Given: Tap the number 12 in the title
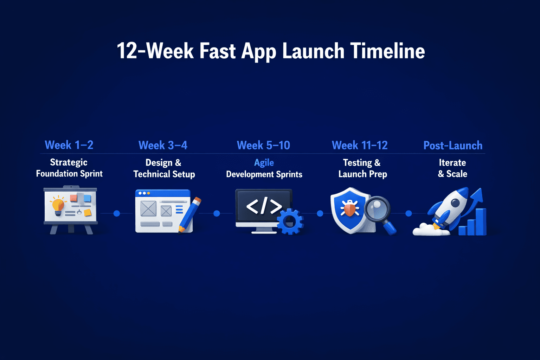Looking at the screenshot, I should pyautogui.click(x=127, y=51).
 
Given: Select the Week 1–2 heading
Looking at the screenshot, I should pyautogui.click(x=69, y=145).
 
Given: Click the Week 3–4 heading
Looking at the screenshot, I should pyautogui.click(x=163, y=145).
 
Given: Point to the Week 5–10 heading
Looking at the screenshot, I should pyautogui.click(x=263, y=145).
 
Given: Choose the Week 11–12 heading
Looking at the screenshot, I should pyautogui.click(x=360, y=145).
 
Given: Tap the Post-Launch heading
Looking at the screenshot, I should pyautogui.click(x=453, y=145).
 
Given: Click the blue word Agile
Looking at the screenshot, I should pyautogui.click(x=264, y=163).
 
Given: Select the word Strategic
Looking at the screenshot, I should pyautogui.click(x=69, y=162).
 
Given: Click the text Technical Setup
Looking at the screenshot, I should pyautogui.click(x=164, y=174).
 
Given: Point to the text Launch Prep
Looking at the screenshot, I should pyautogui.click(x=362, y=174).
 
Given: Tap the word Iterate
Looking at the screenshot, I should pyautogui.click(x=452, y=163).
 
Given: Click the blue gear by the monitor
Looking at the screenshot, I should pyautogui.click(x=290, y=221).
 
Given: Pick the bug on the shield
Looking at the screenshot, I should pyautogui.click(x=349, y=209).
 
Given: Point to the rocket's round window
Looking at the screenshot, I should pyautogui.click(x=455, y=203).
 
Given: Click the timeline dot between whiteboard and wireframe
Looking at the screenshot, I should pyautogui.click(x=117, y=213).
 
